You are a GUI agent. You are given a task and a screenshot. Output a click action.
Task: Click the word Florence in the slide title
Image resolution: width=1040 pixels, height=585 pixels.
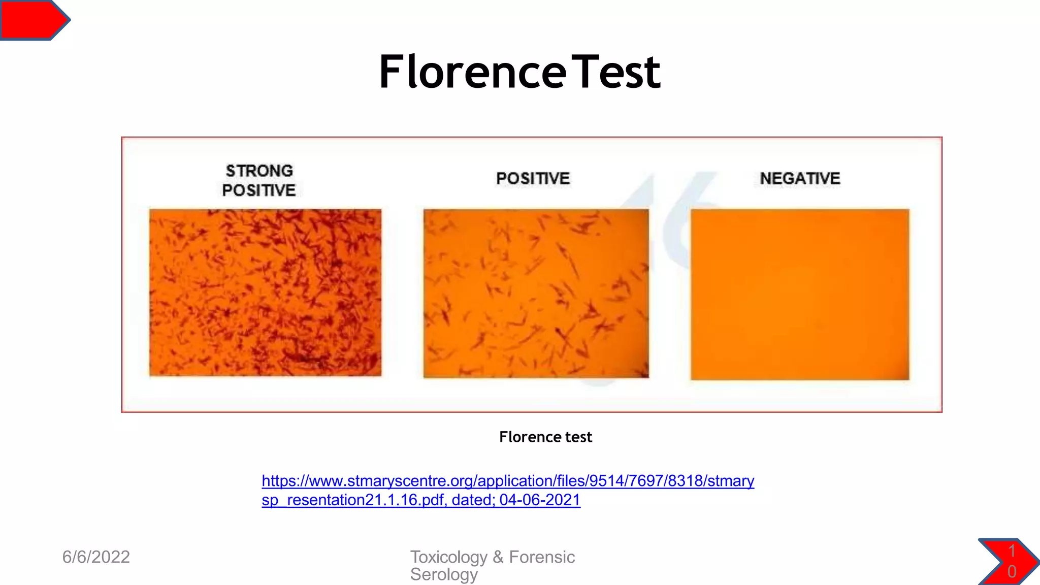tap(472, 72)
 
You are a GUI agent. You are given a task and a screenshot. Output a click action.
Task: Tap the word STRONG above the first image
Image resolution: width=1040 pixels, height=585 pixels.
tap(259, 171)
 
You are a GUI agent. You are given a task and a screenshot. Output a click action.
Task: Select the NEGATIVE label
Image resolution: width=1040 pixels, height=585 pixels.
tap(800, 179)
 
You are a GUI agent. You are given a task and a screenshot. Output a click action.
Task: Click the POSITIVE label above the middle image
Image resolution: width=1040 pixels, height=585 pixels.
tap(533, 179)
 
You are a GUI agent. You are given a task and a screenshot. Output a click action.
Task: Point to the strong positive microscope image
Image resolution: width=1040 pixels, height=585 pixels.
tap(265, 292)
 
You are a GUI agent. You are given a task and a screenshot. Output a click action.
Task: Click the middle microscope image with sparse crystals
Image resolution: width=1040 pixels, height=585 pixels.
tap(536, 294)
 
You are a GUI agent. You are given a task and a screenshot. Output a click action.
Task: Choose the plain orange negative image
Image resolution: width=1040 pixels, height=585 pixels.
tap(800, 295)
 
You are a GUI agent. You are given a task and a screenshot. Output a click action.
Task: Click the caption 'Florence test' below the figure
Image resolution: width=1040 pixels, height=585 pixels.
tap(545, 437)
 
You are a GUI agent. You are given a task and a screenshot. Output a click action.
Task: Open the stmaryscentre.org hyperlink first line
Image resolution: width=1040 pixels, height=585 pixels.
tap(508, 480)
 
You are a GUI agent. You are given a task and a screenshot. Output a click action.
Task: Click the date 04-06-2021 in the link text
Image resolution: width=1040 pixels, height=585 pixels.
tap(540, 500)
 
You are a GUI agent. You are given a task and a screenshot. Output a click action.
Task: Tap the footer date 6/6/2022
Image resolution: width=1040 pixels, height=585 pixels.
tap(96, 557)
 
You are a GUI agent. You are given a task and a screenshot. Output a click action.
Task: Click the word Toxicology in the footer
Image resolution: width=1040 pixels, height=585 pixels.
tap(448, 557)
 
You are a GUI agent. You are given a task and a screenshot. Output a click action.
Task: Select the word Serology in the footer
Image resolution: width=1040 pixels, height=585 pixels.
tap(444, 574)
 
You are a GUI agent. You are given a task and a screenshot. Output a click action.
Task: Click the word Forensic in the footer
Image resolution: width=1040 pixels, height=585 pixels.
tap(542, 557)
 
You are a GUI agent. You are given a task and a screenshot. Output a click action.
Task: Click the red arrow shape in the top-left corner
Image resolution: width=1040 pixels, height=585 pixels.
tap(34, 20)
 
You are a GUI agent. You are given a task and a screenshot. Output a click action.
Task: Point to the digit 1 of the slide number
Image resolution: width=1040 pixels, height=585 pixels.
tap(1012, 551)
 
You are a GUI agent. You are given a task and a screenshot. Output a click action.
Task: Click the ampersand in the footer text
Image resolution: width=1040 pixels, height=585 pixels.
tap(498, 557)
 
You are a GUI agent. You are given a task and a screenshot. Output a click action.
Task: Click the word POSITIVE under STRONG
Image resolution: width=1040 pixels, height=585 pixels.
tap(259, 190)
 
